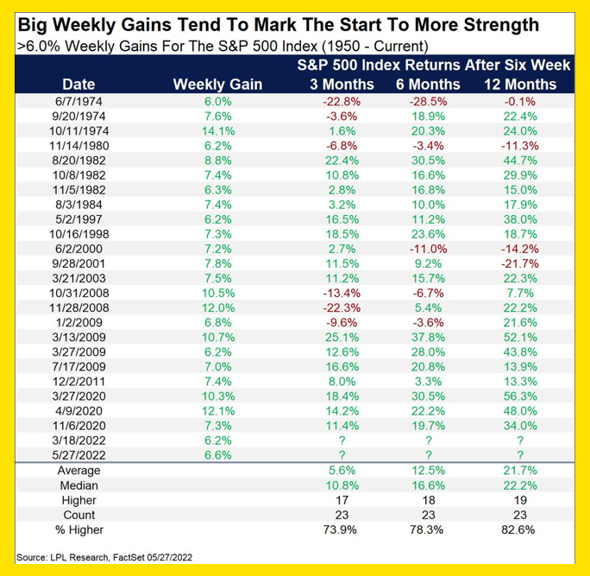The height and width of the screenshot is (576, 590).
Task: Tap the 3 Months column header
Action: [x=342, y=84]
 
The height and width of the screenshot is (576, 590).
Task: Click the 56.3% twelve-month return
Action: [x=520, y=394]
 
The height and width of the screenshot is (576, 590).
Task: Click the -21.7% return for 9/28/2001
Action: [x=520, y=262]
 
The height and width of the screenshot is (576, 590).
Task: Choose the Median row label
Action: [x=78, y=485]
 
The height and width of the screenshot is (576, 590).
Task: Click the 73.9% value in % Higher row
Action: [x=342, y=529]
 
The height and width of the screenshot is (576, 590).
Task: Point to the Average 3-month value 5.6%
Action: [x=342, y=471]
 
